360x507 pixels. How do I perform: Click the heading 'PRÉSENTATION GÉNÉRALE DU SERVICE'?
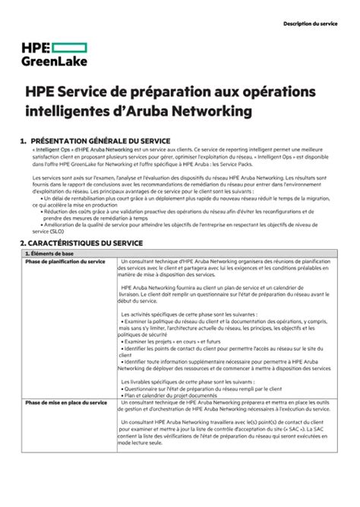click(x=96, y=140)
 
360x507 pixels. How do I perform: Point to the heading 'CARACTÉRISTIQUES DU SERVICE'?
click(x=86, y=243)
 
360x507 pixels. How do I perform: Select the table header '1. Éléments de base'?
click(x=51, y=253)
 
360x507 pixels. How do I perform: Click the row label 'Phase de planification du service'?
click(x=65, y=261)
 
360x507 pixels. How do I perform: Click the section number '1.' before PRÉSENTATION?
click(x=24, y=140)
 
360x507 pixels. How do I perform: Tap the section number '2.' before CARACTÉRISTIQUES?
click(x=24, y=243)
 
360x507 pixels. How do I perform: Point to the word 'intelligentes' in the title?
click(x=77, y=112)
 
